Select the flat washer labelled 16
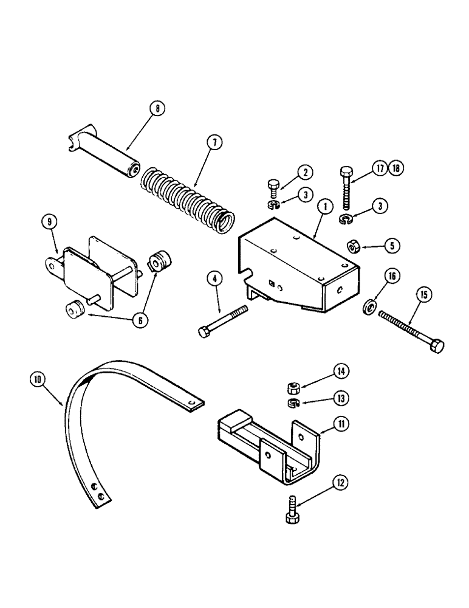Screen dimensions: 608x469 (369, 306)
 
